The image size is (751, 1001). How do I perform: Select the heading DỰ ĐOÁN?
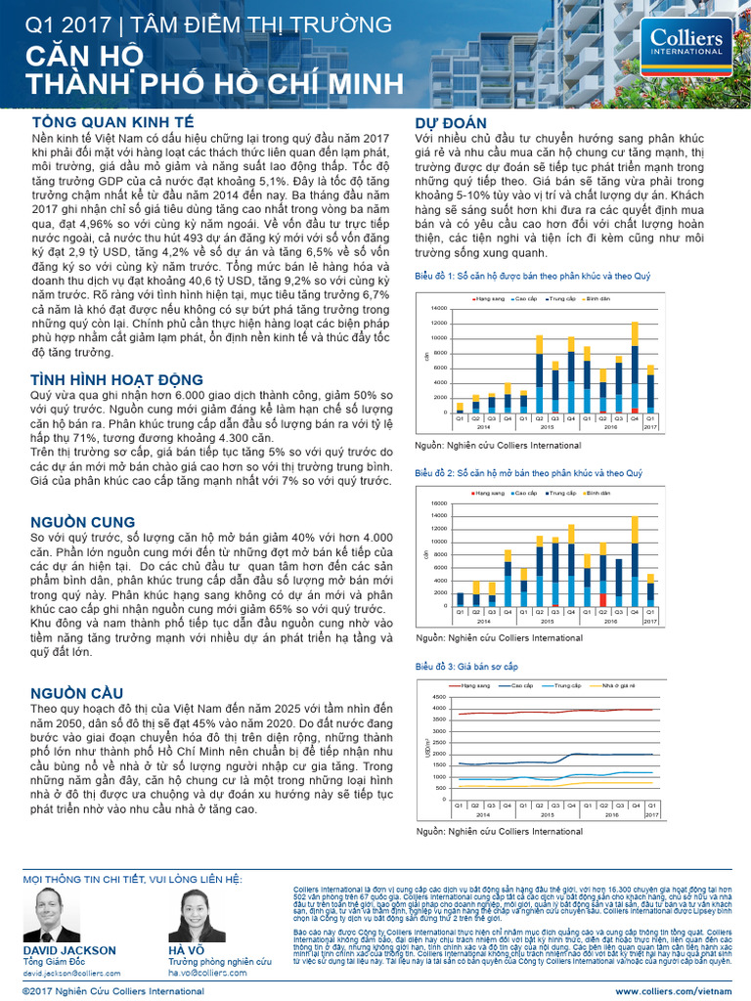451,122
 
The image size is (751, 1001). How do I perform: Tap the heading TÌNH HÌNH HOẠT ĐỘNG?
116,379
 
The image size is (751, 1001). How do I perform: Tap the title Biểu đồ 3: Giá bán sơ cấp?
466,667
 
